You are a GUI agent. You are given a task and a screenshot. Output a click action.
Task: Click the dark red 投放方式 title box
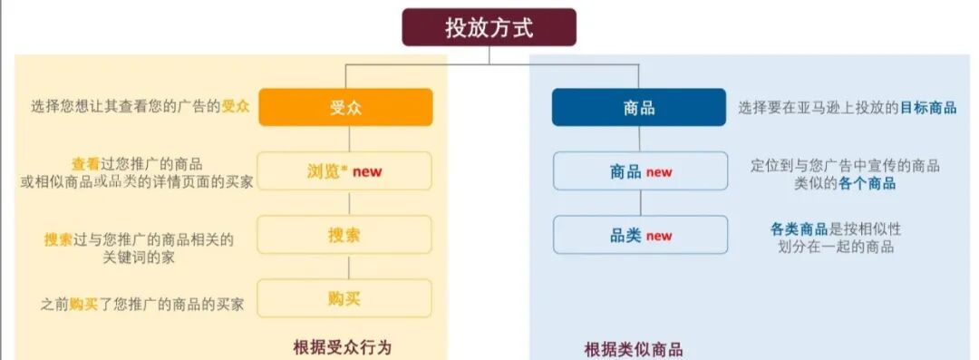click(489, 27)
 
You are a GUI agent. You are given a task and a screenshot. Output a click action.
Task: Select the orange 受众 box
click(345, 107)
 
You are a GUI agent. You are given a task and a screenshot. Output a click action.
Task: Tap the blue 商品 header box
click(639, 107)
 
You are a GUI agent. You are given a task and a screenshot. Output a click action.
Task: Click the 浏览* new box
click(345, 170)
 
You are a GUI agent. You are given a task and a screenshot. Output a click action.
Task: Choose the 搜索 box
click(345, 234)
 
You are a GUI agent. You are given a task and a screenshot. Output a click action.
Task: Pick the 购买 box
click(345, 297)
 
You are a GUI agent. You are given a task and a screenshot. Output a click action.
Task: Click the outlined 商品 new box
click(640, 170)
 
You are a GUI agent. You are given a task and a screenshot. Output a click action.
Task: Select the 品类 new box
click(640, 235)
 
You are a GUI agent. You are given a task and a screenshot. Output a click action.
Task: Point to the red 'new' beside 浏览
click(367, 171)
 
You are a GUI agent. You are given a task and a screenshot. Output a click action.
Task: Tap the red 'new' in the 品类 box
click(659, 236)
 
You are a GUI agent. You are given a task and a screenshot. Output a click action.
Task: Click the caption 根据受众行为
click(343, 348)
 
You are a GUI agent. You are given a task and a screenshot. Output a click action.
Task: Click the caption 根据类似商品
click(634, 350)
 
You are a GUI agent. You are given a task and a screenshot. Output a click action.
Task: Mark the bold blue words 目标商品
click(927, 107)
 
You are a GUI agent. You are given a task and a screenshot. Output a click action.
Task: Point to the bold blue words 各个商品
click(868, 183)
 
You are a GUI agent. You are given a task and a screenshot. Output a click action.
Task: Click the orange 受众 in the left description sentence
click(236, 106)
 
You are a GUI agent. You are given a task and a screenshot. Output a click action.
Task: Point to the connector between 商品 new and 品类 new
click(640, 202)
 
